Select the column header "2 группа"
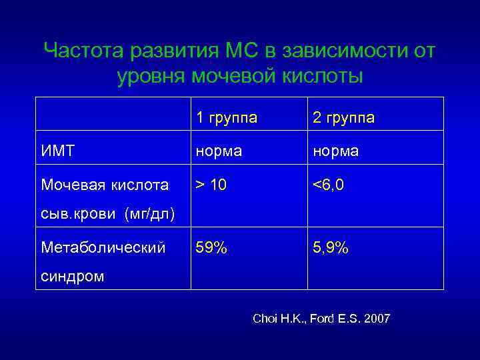tap(343, 118)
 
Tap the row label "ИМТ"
tap(57, 151)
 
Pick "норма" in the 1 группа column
tap(218, 151)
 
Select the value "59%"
tap(211, 248)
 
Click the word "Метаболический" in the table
tap(103, 248)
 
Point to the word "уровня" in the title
tap(153, 77)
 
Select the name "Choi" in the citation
tap(265, 319)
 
